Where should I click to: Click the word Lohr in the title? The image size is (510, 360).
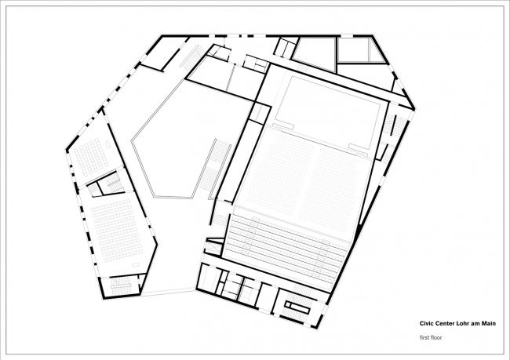464,322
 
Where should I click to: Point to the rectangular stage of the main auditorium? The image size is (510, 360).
326,105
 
